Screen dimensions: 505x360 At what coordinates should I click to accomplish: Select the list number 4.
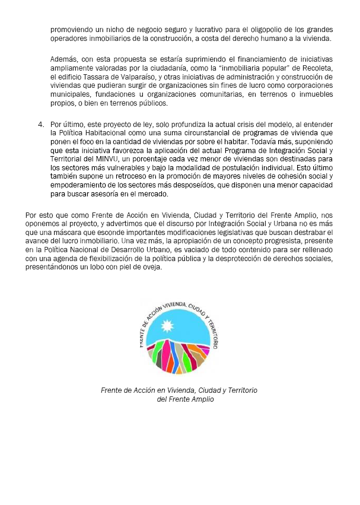(x=41, y=125)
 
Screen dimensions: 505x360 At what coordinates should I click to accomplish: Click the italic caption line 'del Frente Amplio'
(x=185, y=399)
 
